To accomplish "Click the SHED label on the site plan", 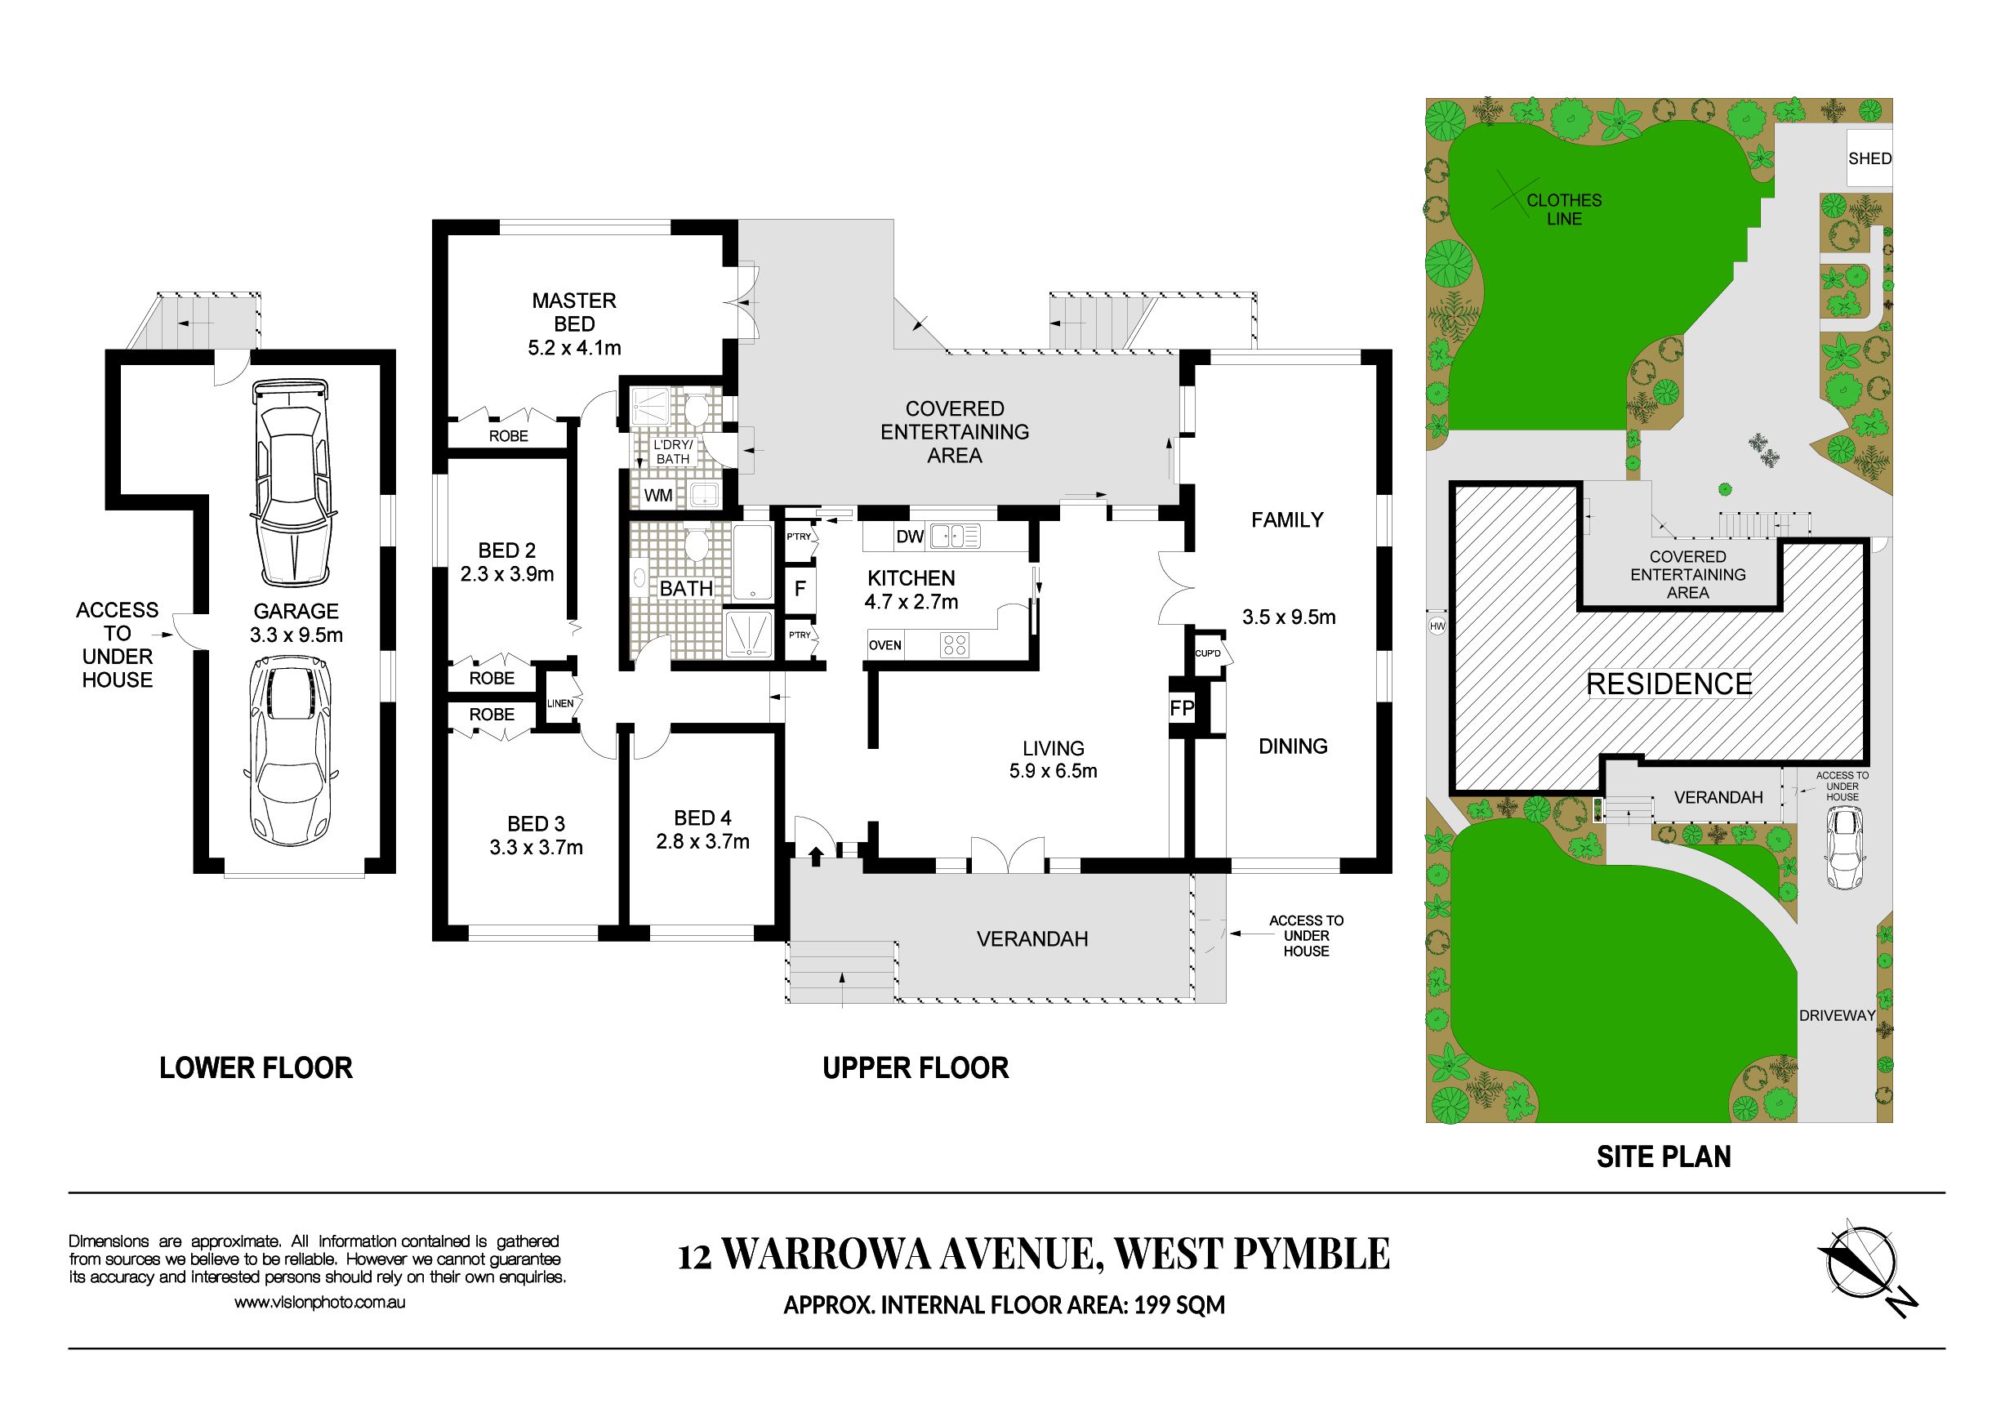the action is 1869,158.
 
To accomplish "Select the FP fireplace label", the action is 1182,707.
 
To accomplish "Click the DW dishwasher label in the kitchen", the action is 910,537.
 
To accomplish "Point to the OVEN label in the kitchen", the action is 885,645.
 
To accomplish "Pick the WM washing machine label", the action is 659,495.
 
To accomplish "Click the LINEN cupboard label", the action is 560,703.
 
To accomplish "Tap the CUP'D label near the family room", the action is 1208,653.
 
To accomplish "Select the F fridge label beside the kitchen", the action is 800,589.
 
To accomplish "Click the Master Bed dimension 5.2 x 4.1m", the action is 574,348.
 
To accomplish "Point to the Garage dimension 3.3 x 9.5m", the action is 296,635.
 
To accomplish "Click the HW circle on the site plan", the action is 1437,626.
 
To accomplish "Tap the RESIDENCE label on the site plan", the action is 1669,684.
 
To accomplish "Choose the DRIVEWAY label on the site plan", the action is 1838,1015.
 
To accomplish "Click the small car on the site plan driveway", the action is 1844,848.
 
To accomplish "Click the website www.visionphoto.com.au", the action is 319,1303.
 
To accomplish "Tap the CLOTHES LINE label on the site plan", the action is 1564,210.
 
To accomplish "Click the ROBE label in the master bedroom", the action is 509,436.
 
